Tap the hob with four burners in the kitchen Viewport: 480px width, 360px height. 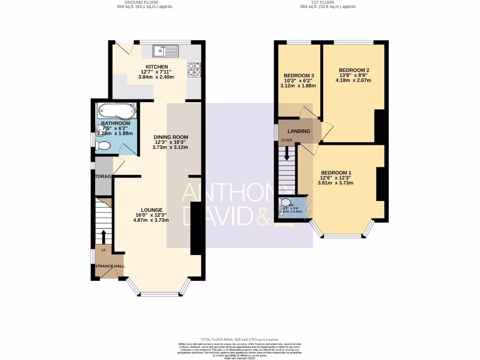tap(194, 69)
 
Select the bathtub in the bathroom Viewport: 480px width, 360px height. tap(117, 112)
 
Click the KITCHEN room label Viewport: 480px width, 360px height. tap(157, 67)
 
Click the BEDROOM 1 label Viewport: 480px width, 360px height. tap(336, 172)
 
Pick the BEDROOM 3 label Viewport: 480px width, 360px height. tap(298, 75)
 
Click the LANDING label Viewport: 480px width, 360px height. tap(299, 131)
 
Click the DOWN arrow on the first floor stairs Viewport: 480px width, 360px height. tap(287, 154)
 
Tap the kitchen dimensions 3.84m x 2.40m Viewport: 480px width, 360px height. tap(157, 77)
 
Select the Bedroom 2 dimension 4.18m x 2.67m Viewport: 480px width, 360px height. tap(353, 80)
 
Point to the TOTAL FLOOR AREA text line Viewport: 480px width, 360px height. tap(240, 339)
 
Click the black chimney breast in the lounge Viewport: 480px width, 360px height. tap(195, 228)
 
